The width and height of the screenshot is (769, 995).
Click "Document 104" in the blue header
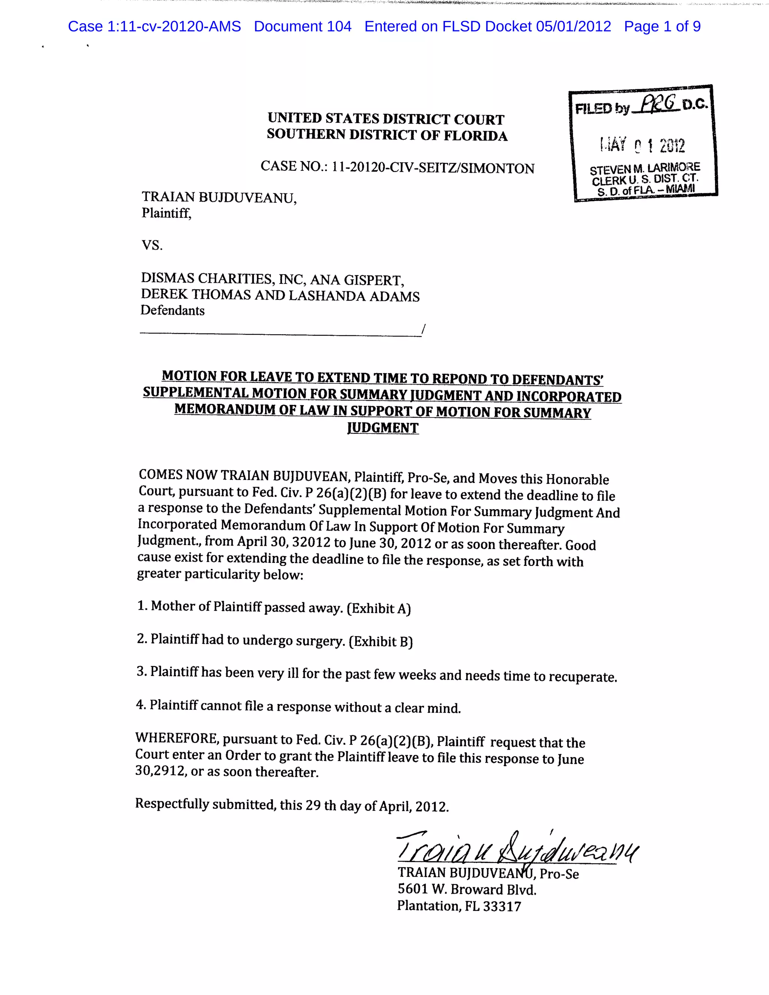click(303, 26)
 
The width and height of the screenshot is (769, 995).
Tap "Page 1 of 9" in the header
click(662, 26)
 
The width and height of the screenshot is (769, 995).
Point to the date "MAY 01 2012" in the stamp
click(642, 145)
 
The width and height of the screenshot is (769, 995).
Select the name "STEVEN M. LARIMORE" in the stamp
click(645, 169)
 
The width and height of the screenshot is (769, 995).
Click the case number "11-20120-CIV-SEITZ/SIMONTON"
click(433, 168)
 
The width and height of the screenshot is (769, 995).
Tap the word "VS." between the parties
click(152, 246)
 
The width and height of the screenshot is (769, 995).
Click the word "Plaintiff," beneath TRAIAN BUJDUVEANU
click(166, 213)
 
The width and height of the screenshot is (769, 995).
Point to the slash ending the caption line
click(423, 329)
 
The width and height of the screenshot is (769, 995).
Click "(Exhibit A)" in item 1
click(378, 609)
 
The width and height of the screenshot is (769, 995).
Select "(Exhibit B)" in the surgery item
click(380, 641)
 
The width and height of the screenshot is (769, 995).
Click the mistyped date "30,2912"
click(160, 771)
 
